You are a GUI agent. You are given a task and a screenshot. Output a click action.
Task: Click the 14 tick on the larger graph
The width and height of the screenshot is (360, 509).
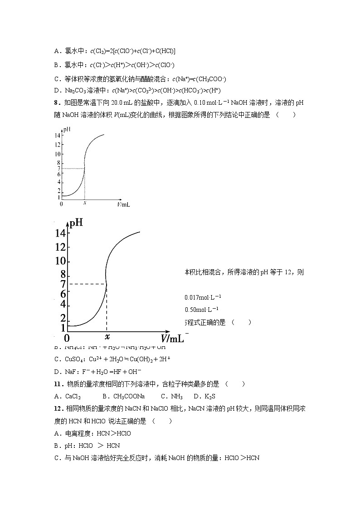tap(61, 233)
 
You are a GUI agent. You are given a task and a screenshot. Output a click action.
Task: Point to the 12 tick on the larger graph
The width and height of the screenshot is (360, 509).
tap(61, 247)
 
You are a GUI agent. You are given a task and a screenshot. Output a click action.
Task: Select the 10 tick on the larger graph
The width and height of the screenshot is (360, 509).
tap(61, 262)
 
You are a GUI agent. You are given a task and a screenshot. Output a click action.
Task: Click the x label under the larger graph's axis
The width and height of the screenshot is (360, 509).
tap(107, 337)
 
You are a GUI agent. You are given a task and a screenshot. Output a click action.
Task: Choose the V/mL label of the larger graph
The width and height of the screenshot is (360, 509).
tap(172, 338)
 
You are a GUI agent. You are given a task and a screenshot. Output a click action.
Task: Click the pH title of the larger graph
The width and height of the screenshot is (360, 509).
tap(77, 223)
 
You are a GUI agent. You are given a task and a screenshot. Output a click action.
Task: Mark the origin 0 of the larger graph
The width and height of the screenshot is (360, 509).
tap(67, 338)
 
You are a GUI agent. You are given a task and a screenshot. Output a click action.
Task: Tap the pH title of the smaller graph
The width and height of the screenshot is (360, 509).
tap(67, 130)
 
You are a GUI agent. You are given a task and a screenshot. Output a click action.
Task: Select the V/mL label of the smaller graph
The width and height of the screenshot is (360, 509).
tap(123, 204)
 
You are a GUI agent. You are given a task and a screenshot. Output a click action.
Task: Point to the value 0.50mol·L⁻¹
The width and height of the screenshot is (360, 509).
tap(202, 310)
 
